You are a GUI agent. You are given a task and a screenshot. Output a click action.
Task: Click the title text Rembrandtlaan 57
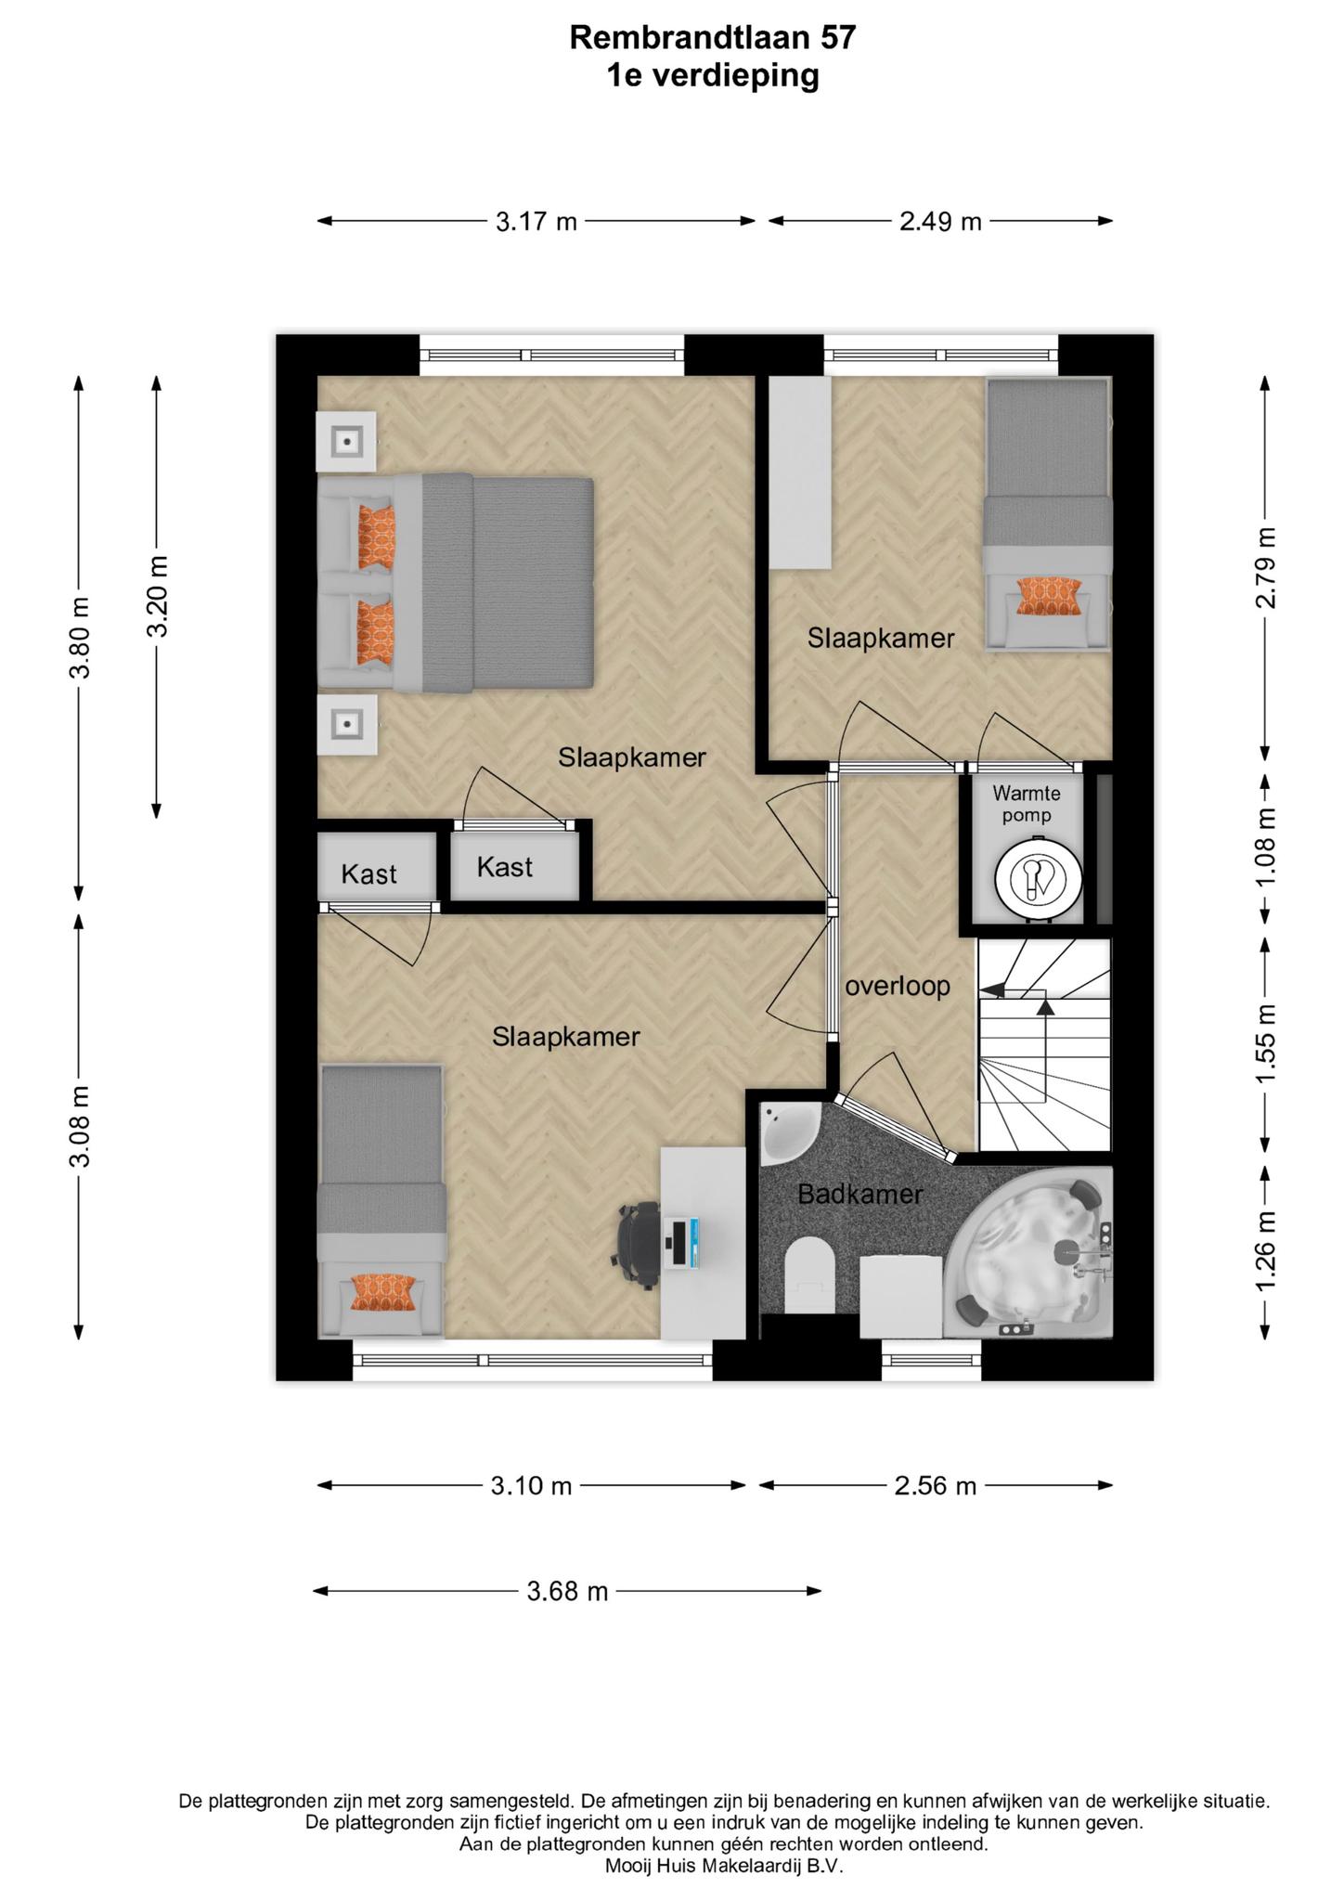712,37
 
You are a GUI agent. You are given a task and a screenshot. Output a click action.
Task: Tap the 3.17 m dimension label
536,222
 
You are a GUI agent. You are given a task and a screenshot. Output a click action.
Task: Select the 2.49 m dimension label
940,222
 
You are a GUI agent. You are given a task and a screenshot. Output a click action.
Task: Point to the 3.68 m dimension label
567,1592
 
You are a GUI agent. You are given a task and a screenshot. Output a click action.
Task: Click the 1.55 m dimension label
1267,1042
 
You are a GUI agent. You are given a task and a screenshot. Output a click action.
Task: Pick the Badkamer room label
860,1194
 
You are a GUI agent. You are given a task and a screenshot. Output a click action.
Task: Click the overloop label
898,986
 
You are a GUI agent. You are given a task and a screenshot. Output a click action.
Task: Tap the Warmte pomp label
1027,804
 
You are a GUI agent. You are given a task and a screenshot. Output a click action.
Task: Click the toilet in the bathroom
809,1274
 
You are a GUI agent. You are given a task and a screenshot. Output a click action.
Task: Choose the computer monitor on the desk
682,1244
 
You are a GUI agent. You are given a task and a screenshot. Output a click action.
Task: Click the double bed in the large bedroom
455,582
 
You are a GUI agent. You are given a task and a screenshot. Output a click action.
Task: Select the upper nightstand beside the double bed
347,441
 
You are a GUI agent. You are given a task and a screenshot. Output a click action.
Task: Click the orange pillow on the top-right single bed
1049,596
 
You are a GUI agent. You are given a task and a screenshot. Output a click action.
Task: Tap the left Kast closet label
368,873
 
